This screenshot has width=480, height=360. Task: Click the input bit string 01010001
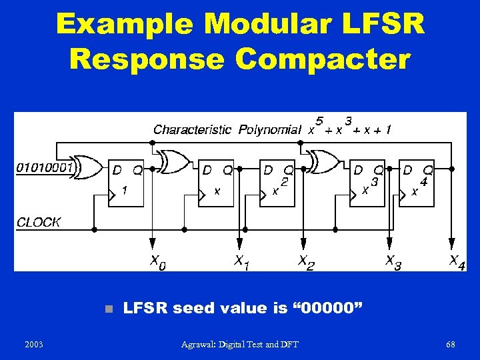[45, 167]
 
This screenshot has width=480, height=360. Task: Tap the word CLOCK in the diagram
[39, 222]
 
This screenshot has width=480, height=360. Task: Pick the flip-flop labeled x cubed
[369, 184]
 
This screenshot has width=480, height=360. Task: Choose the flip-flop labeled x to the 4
[417, 184]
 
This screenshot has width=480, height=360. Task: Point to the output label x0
[157, 262]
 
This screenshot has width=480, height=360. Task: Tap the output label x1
[242, 262]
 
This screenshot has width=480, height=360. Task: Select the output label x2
[305, 262]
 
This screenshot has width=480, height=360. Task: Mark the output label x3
[393, 262]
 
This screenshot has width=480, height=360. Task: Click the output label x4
[457, 261]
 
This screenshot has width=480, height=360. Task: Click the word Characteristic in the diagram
[193, 129]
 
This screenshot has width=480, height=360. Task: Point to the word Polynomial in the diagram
[269, 129]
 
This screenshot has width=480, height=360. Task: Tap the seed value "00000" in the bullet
[332, 308]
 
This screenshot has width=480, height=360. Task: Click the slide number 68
[451, 344]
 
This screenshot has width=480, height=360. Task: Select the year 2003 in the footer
[33, 344]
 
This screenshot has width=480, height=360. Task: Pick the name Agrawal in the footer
[201, 344]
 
